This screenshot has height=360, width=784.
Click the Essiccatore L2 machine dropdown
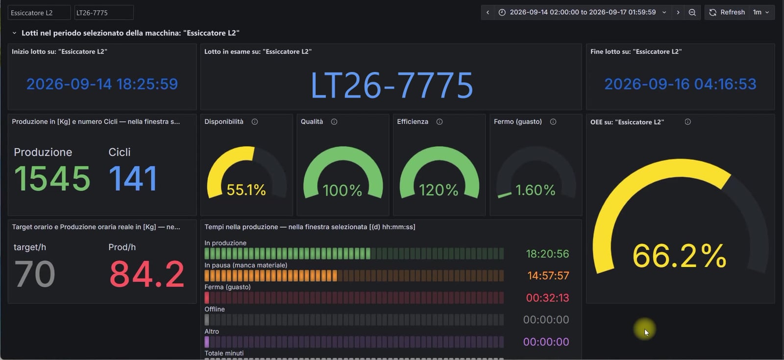(x=39, y=13)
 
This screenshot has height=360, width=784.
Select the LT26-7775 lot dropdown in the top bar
(x=104, y=13)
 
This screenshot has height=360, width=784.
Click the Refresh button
(x=727, y=12)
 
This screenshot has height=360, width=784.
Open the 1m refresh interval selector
(x=761, y=12)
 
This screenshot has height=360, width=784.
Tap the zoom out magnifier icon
(x=692, y=13)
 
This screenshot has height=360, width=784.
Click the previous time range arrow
(x=488, y=13)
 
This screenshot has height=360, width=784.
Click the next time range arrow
(x=678, y=13)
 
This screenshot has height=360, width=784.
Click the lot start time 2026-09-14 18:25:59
(x=102, y=84)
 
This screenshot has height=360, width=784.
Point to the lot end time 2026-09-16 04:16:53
(x=681, y=84)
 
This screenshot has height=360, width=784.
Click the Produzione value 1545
(x=52, y=178)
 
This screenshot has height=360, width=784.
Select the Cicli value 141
(x=133, y=178)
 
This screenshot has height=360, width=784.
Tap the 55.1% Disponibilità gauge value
(x=246, y=190)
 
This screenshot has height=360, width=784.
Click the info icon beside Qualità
(x=334, y=122)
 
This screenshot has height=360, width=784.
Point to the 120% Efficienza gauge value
(x=439, y=191)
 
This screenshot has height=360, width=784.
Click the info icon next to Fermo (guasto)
(x=553, y=122)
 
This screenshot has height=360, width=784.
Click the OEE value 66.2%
(x=679, y=256)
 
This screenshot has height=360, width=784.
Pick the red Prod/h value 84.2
(x=147, y=274)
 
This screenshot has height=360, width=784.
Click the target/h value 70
(x=34, y=274)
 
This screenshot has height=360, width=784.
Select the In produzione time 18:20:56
(x=547, y=254)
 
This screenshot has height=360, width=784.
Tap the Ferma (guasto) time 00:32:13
(x=547, y=298)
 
